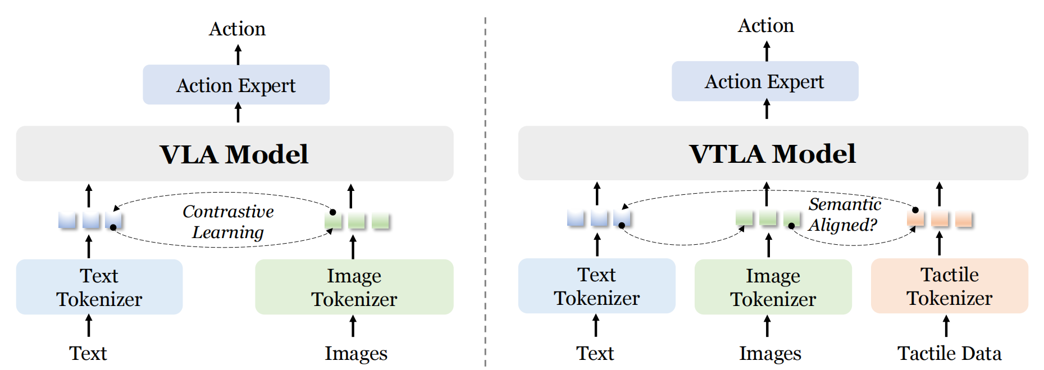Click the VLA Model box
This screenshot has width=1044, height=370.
pos(234,153)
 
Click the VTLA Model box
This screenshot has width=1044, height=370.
pos(772,153)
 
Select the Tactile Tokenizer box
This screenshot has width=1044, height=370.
pos(949,286)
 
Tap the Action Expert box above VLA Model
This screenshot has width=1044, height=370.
pos(236,85)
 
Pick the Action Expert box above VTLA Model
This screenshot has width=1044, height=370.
pos(764,81)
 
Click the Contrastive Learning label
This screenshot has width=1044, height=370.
pos(228,221)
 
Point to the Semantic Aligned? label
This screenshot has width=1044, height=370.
pos(844,214)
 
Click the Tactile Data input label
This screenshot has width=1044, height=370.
pos(949,353)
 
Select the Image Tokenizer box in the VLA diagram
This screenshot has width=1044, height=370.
pos(354,287)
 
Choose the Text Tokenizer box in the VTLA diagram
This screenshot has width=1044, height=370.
pos(596,286)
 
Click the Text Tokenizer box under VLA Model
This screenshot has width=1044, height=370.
pos(99,287)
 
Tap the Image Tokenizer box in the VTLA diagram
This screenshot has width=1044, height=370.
pos(773,287)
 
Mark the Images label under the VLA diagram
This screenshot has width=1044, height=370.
pos(355,353)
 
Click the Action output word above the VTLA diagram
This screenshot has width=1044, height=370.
pos(765,25)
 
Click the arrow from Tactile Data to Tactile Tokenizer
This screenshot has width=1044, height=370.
pos(946,326)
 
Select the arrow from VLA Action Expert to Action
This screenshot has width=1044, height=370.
pos(238,55)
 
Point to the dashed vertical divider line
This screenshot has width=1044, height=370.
pos(485,191)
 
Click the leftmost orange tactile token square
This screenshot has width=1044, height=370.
pos(915,218)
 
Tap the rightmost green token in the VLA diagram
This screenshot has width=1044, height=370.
pos(380,221)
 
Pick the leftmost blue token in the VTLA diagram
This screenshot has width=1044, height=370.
pos(576,218)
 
